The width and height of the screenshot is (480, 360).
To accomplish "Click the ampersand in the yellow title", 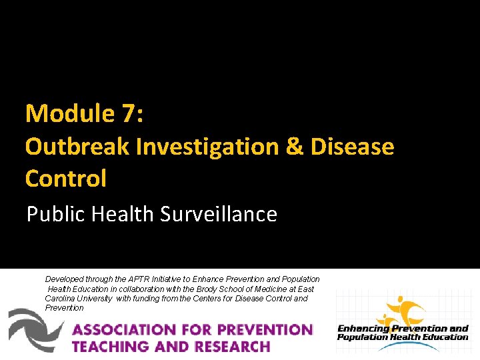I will point(294,146).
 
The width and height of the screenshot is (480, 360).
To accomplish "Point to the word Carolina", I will point(60,298).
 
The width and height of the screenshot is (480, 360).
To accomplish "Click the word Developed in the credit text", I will point(65,279).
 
